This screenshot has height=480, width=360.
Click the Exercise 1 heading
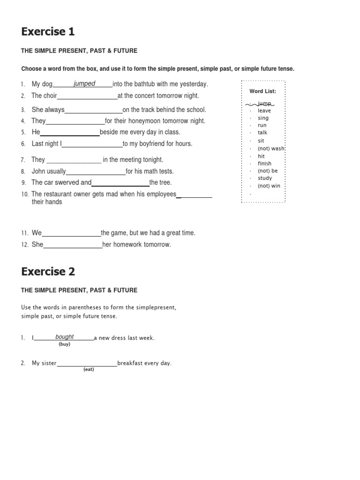(48, 32)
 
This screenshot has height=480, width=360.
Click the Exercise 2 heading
(48, 271)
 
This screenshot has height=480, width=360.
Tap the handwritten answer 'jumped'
(84, 83)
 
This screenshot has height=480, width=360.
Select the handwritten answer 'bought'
(64, 337)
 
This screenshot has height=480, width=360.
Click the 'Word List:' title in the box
(262, 91)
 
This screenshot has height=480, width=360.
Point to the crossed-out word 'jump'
(264, 103)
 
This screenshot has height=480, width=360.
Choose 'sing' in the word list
(263, 118)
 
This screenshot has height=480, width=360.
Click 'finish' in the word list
(264, 163)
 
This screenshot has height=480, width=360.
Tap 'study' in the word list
(264, 178)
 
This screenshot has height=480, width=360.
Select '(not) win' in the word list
(269, 186)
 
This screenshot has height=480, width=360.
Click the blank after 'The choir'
(87, 96)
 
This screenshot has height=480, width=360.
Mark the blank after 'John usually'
(96, 172)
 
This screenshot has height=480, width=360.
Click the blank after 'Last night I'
(92, 144)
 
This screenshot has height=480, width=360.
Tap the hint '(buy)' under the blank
(64, 344)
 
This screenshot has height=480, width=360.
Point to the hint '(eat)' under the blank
(89, 369)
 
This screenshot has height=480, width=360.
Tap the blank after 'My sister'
(87, 363)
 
